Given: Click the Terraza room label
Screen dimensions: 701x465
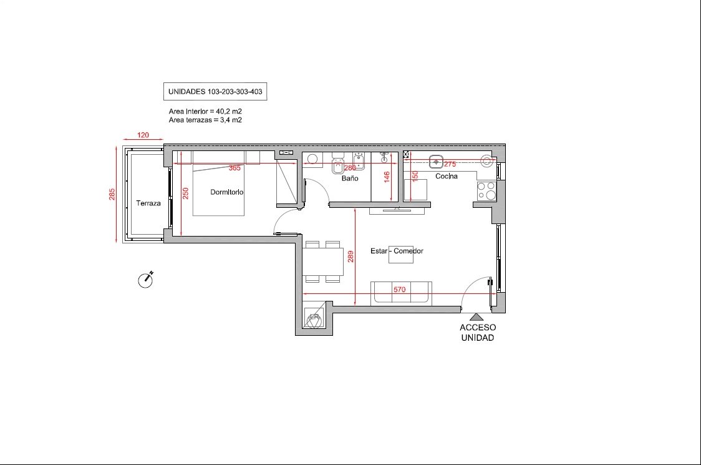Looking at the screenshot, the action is coord(148,203).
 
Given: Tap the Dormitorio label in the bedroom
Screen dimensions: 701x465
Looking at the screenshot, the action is coord(227,192).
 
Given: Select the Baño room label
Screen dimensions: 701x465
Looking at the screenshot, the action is coord(350,178).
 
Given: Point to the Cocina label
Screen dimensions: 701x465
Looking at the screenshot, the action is coord(447,177).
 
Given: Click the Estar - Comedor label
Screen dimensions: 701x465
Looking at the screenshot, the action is coord(397,251).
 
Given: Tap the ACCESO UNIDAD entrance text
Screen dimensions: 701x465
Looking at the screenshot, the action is coord(478,333).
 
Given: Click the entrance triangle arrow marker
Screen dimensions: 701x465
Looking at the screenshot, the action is coord(477,317).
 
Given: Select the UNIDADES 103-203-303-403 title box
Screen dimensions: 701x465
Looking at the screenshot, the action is coord(215,92).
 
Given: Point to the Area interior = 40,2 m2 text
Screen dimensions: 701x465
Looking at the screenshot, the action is coord(205,111).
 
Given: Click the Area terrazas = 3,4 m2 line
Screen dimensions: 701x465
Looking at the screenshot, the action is coord(205,120).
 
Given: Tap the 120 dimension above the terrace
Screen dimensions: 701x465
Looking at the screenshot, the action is coord(143,135).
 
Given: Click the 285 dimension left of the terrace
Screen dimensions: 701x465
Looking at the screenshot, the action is coord(112,194).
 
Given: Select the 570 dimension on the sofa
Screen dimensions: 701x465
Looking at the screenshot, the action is coord(400,290).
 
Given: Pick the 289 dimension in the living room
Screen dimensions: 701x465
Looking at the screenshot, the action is coord(350,257).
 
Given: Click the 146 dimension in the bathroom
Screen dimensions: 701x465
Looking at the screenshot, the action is coord(387,177).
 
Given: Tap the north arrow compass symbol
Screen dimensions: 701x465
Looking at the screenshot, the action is coord(145,280).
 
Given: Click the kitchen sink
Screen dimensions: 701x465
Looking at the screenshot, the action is coord(437,162).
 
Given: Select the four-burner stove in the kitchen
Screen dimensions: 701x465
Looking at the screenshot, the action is coord(486,191).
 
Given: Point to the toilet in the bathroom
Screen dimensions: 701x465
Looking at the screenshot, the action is coord(337,162).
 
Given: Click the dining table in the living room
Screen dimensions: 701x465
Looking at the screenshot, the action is coord(323,262).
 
